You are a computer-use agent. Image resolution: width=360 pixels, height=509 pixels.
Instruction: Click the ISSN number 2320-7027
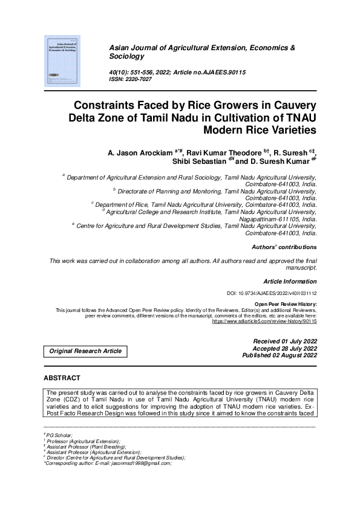point(140,79)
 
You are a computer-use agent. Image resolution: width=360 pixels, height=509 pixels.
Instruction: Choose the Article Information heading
point(290,282)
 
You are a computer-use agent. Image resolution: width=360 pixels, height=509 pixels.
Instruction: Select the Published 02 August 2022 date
point(280,355)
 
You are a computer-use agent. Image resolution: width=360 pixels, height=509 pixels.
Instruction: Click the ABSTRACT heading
point(62,378)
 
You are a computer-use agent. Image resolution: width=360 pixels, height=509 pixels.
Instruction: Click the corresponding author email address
point(142,463)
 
